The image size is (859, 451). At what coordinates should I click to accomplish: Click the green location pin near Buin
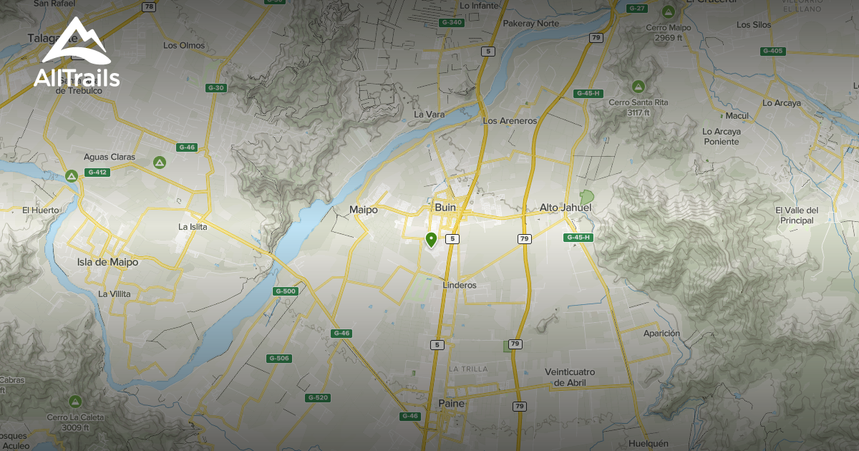[x=431, y=239]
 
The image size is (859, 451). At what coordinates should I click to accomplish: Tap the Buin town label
[x=445, y=208]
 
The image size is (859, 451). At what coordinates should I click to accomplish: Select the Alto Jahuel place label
[x=566, y=208]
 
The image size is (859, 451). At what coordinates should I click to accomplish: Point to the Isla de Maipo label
[x=107, y=262]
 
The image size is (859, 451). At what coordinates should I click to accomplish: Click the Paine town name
[x=451, y=404]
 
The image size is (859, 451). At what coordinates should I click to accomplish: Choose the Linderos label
[x=459, y=285]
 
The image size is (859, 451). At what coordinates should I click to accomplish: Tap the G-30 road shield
[x=215, y=88]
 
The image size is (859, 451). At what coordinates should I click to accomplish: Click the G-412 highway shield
[x=96, y=173]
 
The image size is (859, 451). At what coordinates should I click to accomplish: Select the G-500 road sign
[x=285, y=291]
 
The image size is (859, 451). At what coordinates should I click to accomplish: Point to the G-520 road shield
[x=317, y=397]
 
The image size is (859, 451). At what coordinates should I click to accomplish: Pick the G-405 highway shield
[x=773, y=51]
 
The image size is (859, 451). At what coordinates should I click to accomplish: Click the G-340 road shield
[x=452, y=23]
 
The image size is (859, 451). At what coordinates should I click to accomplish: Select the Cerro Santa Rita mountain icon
[x=637, y=87]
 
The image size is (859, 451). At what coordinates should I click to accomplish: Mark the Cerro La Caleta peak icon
[x=75, y=402]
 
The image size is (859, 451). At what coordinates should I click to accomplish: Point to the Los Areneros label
[x=510, y=121]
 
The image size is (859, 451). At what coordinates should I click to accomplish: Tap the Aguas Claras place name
[x=110, y=157]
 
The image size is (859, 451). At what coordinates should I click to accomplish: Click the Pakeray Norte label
[x=531, y=24]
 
